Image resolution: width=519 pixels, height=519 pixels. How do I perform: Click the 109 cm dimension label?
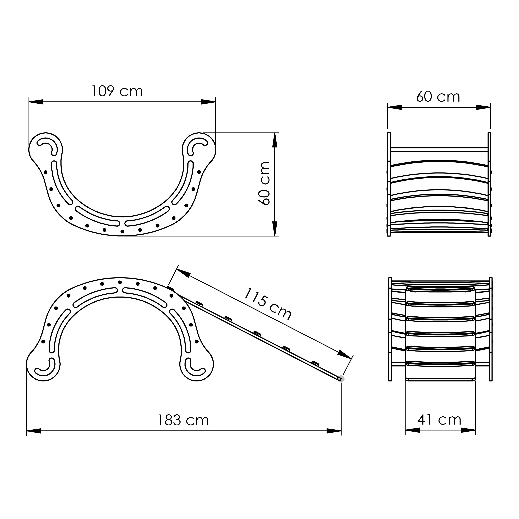[117, 91]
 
